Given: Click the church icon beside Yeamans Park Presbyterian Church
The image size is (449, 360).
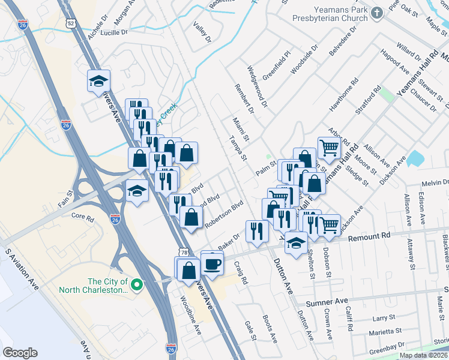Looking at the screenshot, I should click(x=376, y=13).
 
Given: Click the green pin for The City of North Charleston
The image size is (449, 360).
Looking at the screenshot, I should click(x=137, y=284).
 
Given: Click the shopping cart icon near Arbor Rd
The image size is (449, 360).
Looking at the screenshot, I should click(x=328, y=147).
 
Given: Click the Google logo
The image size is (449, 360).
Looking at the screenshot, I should click(x=20, y=353).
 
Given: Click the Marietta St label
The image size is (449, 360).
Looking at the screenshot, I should click(x=385, y=331).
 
